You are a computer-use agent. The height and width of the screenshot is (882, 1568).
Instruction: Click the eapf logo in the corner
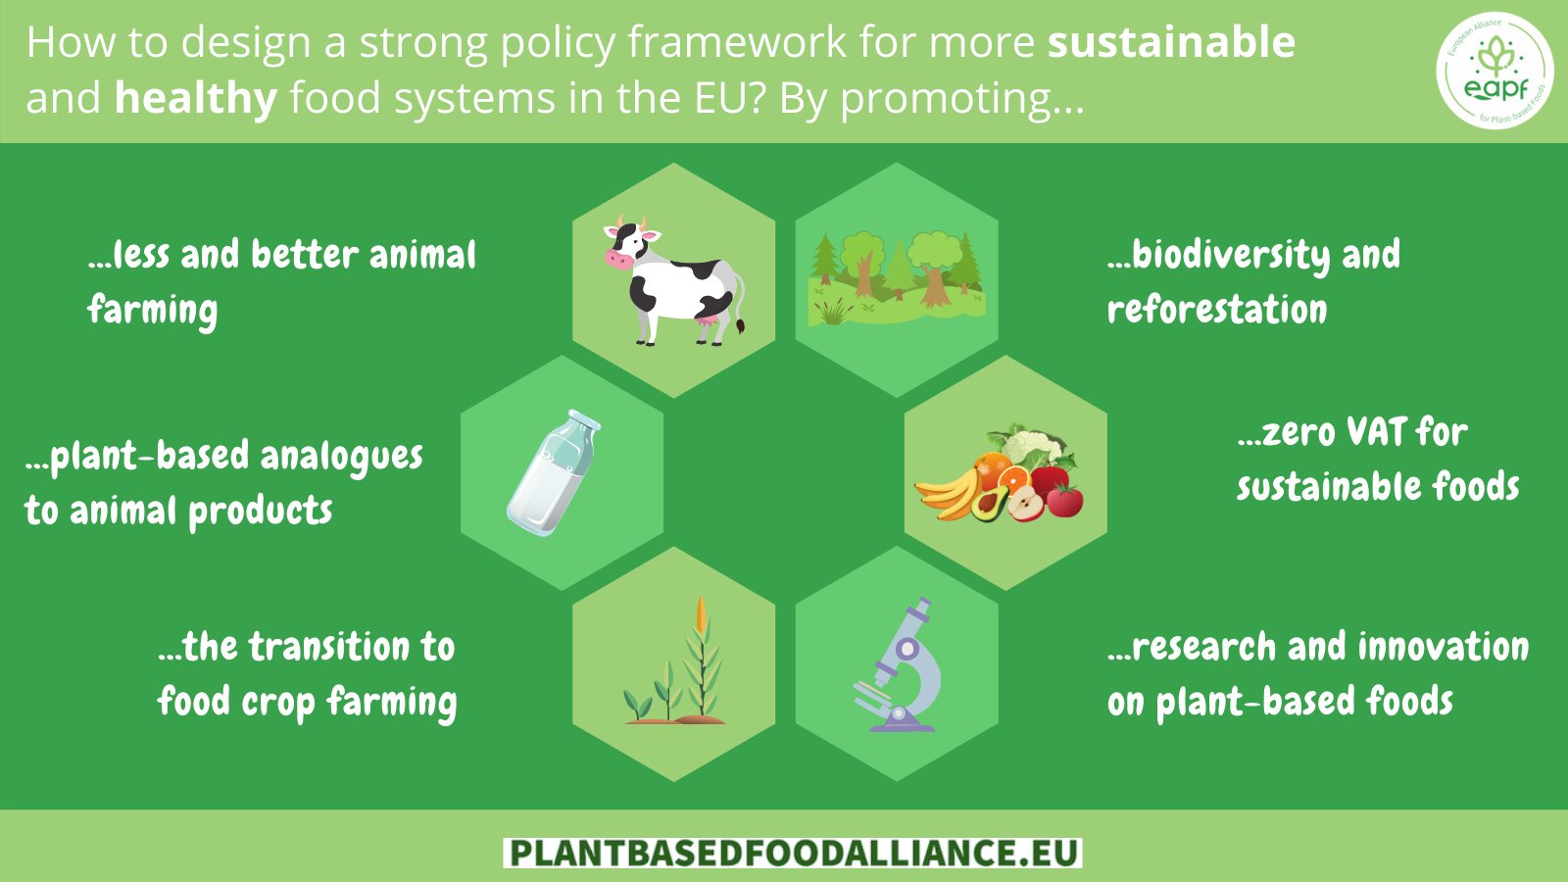pyautogui.click(x=1494, y=71)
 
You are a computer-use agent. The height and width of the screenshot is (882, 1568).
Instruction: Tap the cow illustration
pyautogui.click(x=673, y=280)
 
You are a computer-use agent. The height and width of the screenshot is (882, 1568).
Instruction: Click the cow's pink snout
pyautogui.click(x=617, y=259)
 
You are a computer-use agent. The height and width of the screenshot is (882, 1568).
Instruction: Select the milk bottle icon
pyautogui.click(x=554, y=472)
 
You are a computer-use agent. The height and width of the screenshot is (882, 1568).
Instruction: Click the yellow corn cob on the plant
pyautogui.click(x=701, y=613)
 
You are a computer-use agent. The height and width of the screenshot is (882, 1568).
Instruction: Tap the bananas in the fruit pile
pyautogui.click(x=946, y=491)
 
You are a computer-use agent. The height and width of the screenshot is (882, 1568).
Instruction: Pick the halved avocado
pyautogui.click(x=990, y=504)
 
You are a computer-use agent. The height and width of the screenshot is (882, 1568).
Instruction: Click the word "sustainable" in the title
pyautogui.click(x=1171, y=43)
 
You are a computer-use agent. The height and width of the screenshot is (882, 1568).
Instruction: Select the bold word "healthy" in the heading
pyautogui.click(x=196, y=98)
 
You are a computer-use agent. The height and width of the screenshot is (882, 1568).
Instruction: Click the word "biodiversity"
pyautogui.click(x=1231, y=255)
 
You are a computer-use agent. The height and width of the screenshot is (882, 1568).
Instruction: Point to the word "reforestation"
pyautogui.click(x=1217, y=310)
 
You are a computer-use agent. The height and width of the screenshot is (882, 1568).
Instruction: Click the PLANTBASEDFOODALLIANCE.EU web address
pyautogui.click(x=793, y=853)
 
